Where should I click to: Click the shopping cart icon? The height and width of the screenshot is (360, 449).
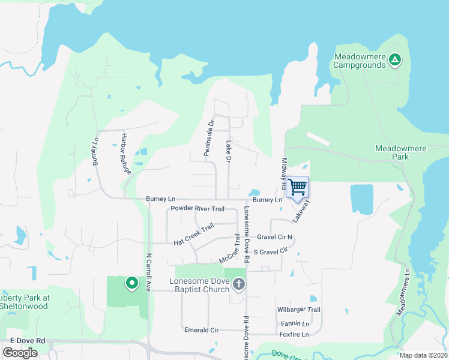click(x=298, y=187)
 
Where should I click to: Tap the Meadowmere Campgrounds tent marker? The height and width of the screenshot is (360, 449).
click(x=394, y=59)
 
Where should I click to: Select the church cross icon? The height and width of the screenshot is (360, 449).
click(x=239, y=283)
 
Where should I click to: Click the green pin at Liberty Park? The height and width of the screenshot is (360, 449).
click(x=131, y=283)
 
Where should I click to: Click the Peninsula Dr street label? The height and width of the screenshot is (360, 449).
click(x=209, y=139)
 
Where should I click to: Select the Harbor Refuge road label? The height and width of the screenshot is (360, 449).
click(x=125, y=153)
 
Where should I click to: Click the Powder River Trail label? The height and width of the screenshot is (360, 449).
click(x=197, y=209)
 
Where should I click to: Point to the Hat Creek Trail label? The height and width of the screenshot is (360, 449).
click(x=194, y=235)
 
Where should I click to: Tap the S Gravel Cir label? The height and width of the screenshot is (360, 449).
click(x=271, y=251)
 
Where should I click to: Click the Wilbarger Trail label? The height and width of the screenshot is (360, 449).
click(x=298, y=310)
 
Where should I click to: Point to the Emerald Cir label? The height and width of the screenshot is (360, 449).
click(x=201, y=330)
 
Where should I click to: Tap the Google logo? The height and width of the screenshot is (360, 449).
click(x=20, y=353)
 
